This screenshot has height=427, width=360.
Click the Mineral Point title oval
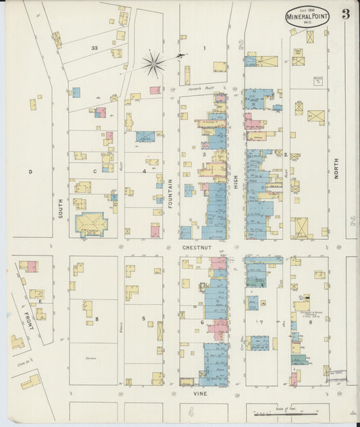[x=308, y=17]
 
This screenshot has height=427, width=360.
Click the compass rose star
[x=154, y=64]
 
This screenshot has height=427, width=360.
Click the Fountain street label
[x=171, y=193]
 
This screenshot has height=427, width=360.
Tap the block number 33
[x=95, y=48]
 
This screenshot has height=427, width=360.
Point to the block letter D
[x=30, y=172]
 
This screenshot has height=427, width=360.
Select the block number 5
[x=143, y=318]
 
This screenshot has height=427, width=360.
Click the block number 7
[x=261, y=322]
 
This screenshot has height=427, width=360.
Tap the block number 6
[x=202, y=322]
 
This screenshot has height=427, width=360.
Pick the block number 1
[x=204, y=48]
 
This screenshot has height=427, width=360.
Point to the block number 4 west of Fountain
[x=144, y=171]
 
